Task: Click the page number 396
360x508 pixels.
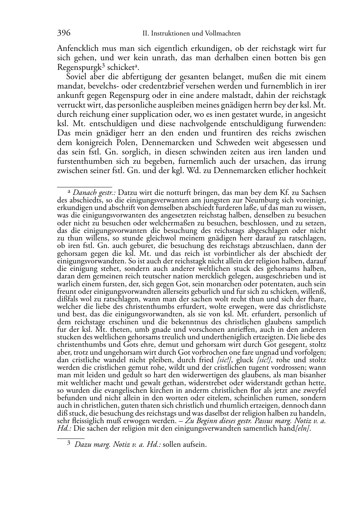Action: click(64, 33)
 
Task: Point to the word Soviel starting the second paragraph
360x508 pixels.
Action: click(76, 76)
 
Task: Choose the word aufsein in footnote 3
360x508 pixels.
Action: click(194, 445)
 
